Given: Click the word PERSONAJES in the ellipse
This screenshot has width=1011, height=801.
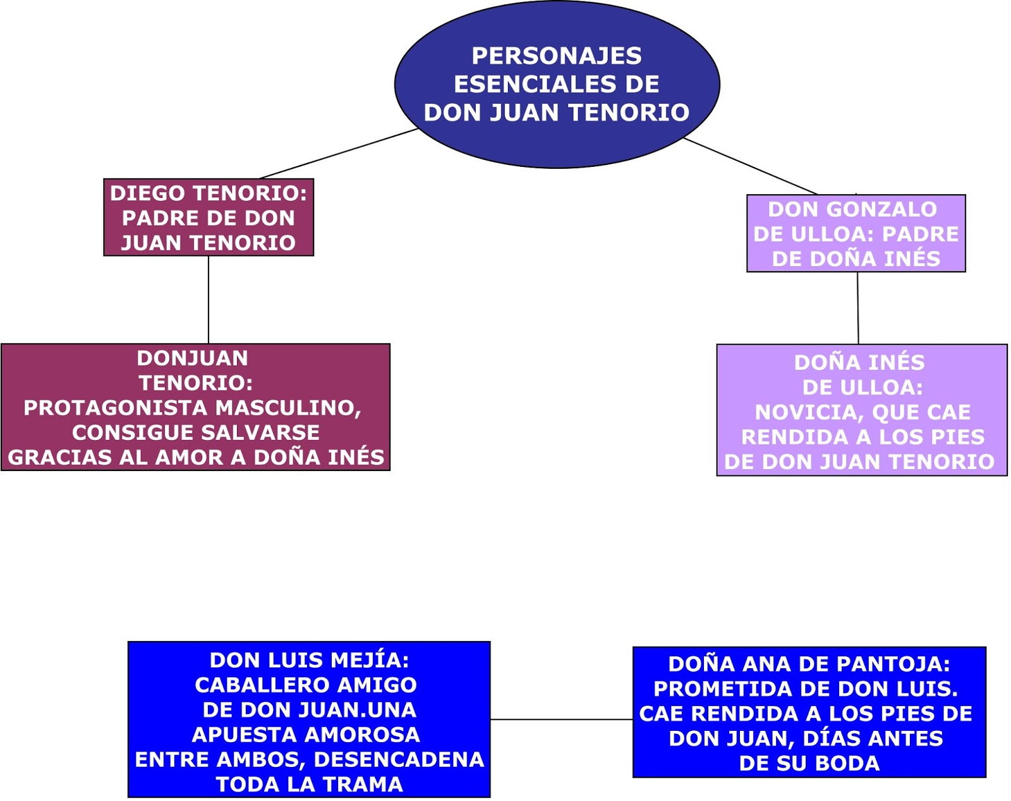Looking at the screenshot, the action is point(556,56).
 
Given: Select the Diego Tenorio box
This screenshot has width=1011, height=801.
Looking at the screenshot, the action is point(209,217).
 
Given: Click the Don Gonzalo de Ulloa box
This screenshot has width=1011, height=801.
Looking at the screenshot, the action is point(856,233).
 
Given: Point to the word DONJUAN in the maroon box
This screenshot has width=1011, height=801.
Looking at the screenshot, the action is point(192,358).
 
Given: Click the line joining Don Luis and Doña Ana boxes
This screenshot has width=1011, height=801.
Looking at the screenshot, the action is point(561,719).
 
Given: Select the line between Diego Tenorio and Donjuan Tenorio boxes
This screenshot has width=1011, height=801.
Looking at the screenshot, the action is point(209,300).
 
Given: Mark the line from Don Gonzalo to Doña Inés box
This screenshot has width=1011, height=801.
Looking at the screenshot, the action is point(857,308).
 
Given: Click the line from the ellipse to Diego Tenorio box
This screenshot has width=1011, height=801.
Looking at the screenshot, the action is point(338,154).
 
